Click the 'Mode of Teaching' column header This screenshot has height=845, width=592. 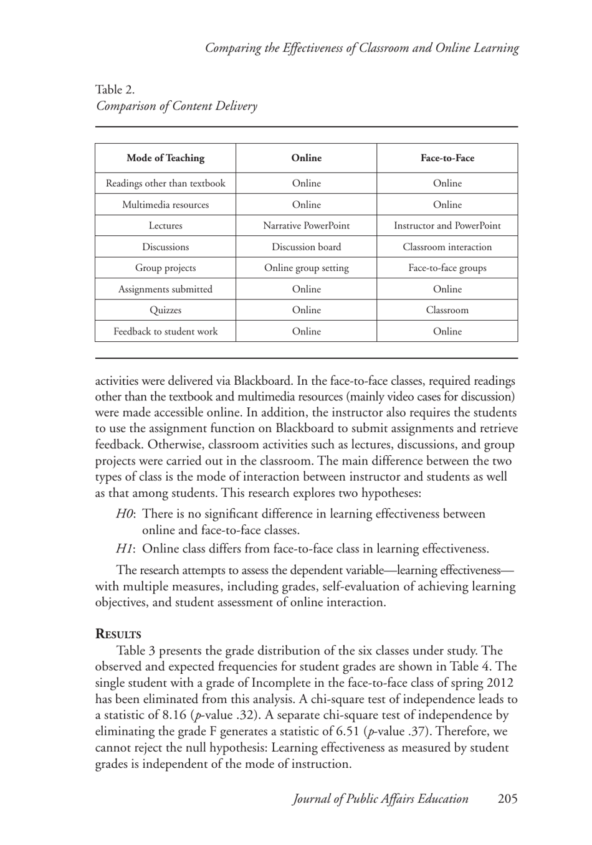(165, 158)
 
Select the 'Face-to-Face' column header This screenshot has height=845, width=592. (447, 158)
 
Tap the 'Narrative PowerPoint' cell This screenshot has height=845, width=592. (306, 225)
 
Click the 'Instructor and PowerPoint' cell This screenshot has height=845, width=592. (447, 225)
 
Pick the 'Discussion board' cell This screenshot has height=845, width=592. (306, 247)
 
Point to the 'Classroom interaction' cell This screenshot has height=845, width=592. (447, 247)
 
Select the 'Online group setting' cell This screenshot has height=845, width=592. (306, 268)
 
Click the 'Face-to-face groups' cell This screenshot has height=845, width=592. (447, 268)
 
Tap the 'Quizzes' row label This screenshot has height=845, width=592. (165, 310)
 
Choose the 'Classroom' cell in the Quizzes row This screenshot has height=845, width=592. (447, 310)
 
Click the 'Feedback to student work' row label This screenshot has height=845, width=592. (165, 331)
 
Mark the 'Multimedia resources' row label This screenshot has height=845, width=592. (165, 204)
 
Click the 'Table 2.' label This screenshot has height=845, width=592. (115, 90)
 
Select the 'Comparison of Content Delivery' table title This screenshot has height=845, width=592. (176, 106)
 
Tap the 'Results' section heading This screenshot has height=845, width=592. (118, 635)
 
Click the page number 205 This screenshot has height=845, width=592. (507, 799)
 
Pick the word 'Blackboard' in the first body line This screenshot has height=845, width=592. (262, 381)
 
